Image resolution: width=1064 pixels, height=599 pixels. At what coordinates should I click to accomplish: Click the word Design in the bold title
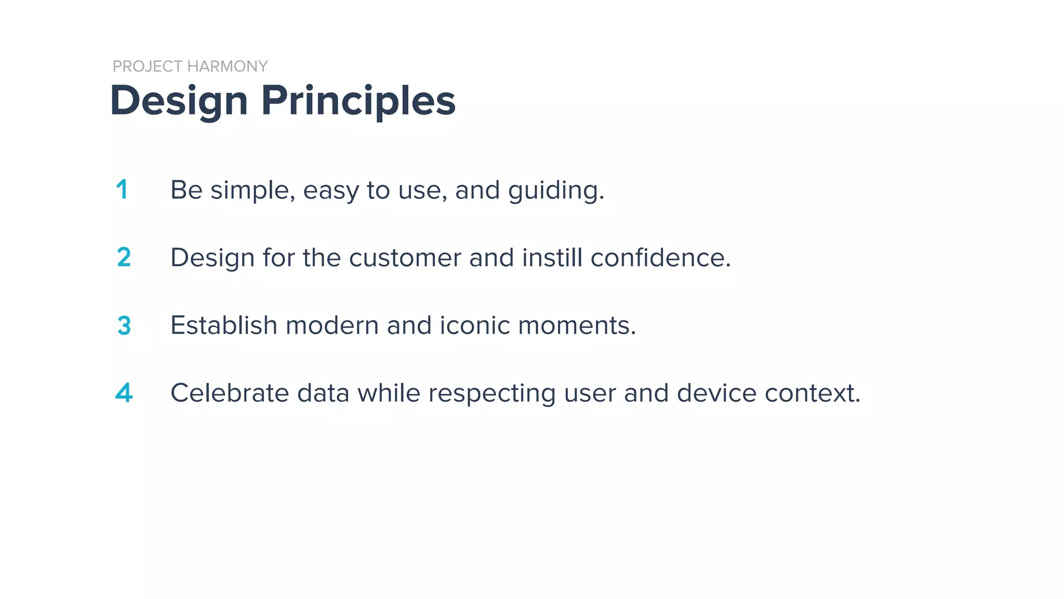179,101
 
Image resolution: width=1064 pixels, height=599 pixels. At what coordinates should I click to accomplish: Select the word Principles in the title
358,101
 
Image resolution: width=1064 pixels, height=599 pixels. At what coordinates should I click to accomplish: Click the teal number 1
122,189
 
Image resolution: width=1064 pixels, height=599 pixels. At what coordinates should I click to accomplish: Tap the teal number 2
124,257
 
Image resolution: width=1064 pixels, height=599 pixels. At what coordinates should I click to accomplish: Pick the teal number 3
124,325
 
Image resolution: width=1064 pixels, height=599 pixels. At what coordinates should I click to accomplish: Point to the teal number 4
124,393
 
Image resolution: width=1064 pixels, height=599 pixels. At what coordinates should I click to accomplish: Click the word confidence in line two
659,258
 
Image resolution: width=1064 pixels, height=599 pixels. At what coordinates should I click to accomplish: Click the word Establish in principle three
224,325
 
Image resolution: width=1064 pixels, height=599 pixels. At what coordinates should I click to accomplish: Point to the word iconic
475,325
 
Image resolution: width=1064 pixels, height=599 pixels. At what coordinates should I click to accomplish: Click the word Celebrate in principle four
230,393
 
